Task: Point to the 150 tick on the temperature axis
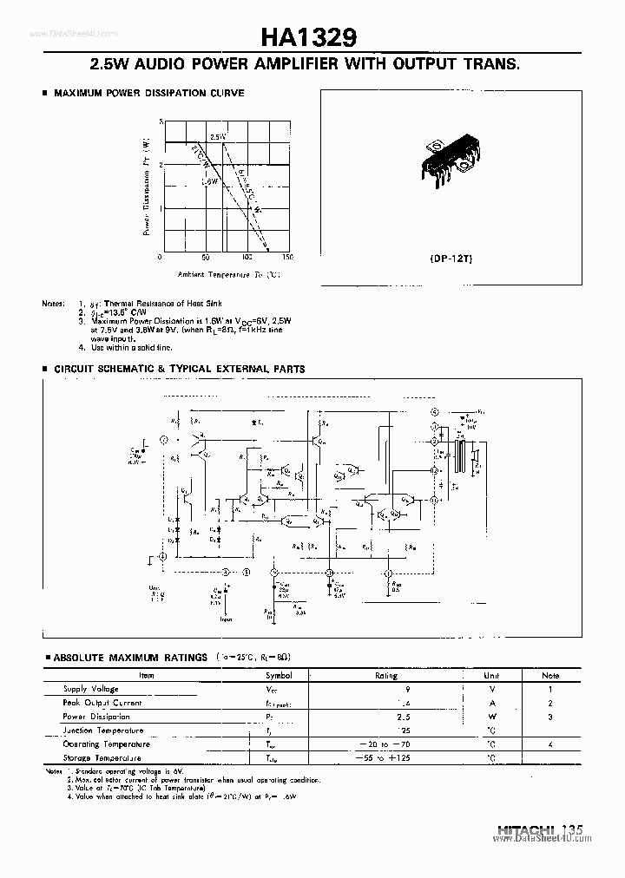click(287, 258)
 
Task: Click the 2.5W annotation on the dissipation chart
click(217, 137)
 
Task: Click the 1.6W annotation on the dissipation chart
click(209, 182)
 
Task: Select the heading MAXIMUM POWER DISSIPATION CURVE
click(149, 93)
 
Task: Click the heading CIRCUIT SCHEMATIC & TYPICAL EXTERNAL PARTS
click(180, 369)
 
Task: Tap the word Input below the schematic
click(225, 620)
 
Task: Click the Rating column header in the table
click(385, 675)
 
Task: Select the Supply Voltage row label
click(90, 688)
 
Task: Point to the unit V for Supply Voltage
click(491, 688)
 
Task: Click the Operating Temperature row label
click(106, 744)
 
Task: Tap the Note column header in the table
click(550, 675)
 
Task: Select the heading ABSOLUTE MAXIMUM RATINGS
click(131, 658)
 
